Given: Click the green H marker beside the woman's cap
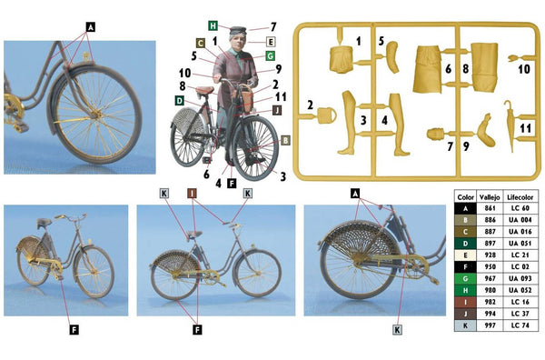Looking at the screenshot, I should (212, 25).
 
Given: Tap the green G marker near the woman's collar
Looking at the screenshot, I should (270, 55).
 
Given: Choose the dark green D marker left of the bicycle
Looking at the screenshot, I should (179, 98).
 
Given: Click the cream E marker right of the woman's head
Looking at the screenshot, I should (270, 42).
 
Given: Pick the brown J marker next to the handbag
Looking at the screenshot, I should (276, 110).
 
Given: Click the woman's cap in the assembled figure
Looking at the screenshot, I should (238, 32).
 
